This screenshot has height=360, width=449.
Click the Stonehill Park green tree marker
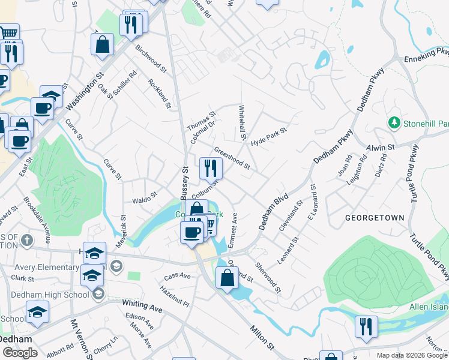pos(394,123)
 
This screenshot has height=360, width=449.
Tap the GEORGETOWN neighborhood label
pos(374,217)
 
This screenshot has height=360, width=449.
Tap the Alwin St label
pos(381,146)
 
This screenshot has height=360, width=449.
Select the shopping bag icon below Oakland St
pos(227,278)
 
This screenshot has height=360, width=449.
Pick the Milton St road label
pos(262,339)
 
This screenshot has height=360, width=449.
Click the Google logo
pos(20,352)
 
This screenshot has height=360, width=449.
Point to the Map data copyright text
pos(412,355)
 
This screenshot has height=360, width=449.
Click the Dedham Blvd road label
pos(274,211)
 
